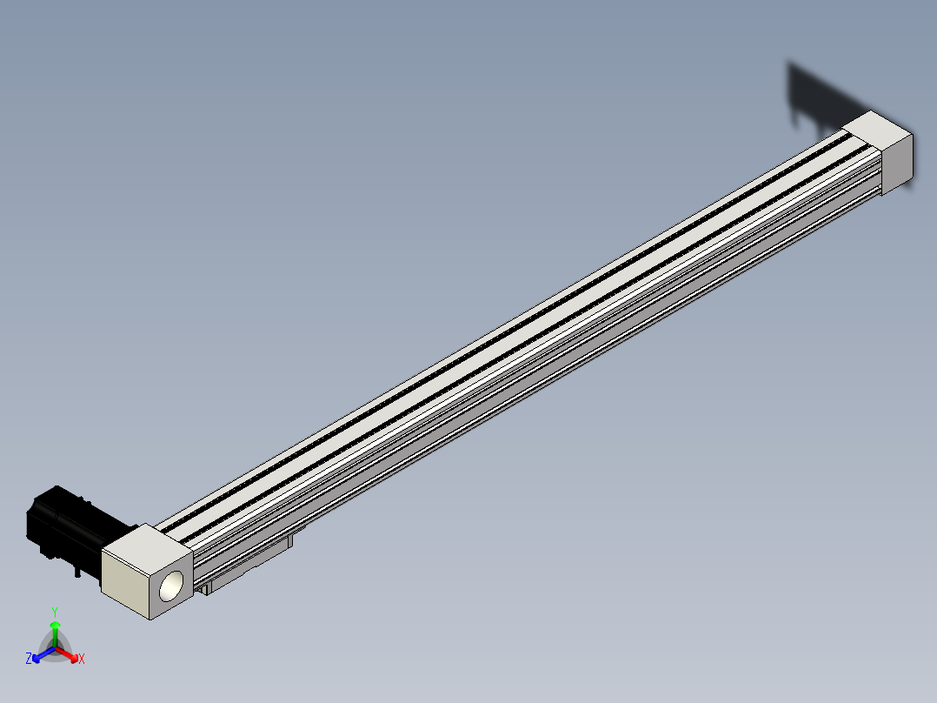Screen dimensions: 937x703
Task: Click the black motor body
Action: click(75, 530)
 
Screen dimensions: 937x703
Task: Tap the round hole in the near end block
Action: click(171, 586)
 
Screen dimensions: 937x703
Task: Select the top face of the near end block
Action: click(147, 544)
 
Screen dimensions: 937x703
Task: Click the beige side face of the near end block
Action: click(125, 584)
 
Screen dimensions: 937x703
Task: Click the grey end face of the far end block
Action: click(898, 164)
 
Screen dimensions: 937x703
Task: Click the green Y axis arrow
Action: click(55, 634)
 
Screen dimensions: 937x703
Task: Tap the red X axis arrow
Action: click(67, 653)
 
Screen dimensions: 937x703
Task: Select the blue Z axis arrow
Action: click(43, 654)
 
